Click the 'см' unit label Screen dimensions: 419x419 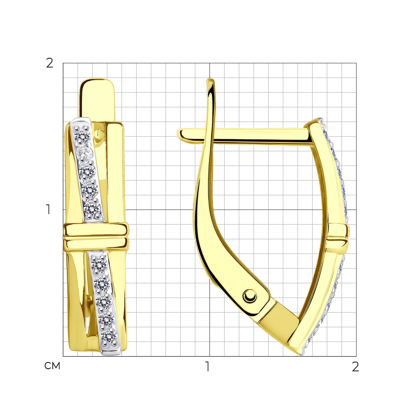[52, 366]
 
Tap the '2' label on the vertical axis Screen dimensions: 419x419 [50, 63]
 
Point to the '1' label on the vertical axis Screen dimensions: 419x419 [48, 209]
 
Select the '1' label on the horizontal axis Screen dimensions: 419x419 [207, 367]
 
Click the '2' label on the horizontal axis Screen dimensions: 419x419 [355, 367]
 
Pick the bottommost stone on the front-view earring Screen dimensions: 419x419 [109, 337]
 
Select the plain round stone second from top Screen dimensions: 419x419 [85, 153]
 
